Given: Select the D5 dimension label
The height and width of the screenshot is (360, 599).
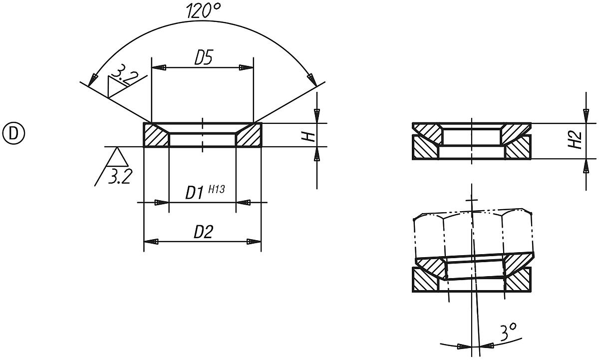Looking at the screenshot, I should [x=203, y=59].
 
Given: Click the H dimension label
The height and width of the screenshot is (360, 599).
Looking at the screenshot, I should [x=309, y=136].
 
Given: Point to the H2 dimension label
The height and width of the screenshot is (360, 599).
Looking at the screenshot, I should [x=577, y=141].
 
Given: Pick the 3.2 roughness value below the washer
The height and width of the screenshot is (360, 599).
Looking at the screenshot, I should [x=119, y=176].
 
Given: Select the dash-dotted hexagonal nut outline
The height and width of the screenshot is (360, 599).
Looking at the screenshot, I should [x=474, y=235].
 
